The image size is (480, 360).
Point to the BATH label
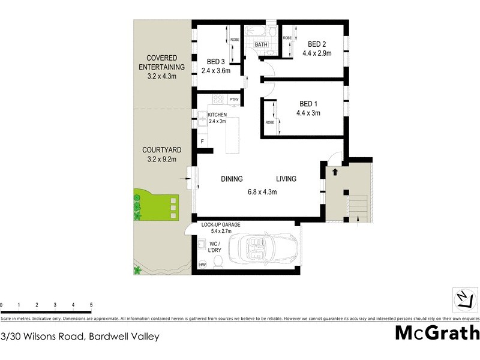point(262,45)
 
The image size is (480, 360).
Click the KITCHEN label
point(217,115)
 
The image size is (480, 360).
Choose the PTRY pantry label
point(234,100)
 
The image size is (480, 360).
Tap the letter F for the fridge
point(202,142)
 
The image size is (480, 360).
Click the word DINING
point(232,179)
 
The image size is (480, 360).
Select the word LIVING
point(286,179)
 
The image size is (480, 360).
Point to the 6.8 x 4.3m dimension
point(262,192)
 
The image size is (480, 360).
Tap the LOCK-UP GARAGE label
point(221,224)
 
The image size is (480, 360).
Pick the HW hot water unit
point(202,265)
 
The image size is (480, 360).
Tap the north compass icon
point(462,298)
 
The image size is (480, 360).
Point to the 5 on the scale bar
point(91,305)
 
